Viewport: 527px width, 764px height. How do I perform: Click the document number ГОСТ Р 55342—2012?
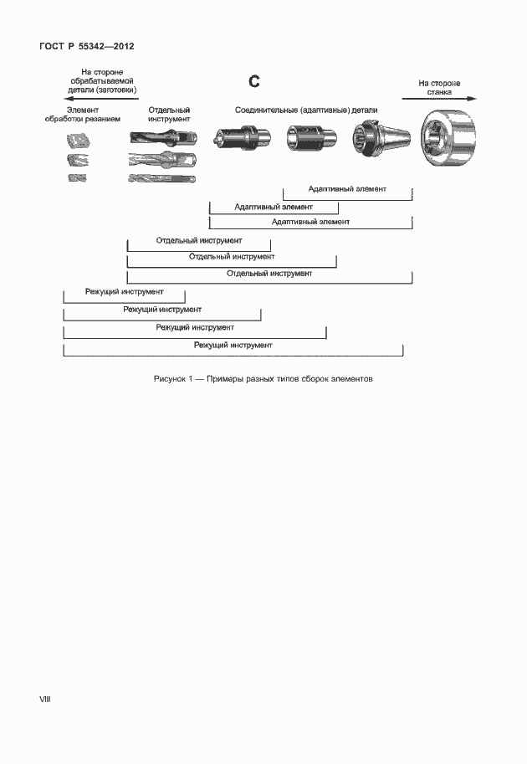[87, 47]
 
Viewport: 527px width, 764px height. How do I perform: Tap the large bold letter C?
[255, 81]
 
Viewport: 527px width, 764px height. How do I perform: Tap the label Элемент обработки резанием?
[83, 115]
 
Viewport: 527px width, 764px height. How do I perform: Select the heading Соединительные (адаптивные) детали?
[305, 110]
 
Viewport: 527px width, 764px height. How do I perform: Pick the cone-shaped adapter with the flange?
[380, 136]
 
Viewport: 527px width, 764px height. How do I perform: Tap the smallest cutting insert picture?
[77, 178]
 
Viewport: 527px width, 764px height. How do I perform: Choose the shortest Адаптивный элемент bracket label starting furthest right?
[347, 189]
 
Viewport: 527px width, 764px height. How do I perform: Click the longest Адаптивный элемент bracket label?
[310, 222]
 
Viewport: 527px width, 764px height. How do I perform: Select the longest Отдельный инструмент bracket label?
[269, 274]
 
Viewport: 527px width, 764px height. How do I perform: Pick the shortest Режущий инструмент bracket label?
[124, 292]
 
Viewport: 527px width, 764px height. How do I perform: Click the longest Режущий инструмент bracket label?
[233, 345]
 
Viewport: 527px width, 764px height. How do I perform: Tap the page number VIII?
[45, 698]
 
